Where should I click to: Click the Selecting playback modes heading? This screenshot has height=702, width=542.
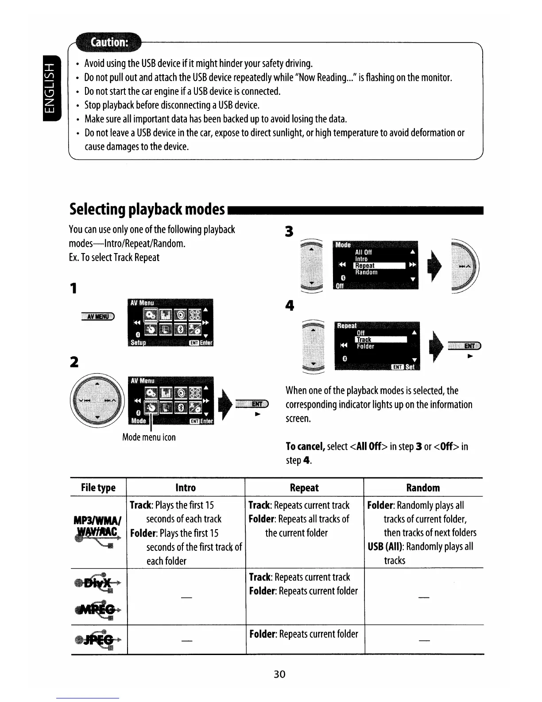click(x=147, y=209)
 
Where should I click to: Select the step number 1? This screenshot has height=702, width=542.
click(x=74, y=289)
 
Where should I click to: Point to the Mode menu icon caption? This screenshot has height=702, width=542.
click(x=149, y=437)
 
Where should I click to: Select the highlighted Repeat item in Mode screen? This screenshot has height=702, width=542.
click(x=379, y=265)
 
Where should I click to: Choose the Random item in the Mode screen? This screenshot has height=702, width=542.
click(x=366, y=272)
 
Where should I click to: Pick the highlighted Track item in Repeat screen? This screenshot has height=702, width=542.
click(x=380, y=339)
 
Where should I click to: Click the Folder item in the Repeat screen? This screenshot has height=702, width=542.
click(x=365, y=346)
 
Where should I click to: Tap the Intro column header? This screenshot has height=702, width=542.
click(x=186, y=487)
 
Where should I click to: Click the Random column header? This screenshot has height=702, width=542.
click(x=423, y=487)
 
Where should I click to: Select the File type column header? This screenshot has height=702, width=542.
click(x=98, y=487)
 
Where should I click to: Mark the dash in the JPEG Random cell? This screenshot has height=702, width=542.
click(x=424, y=640)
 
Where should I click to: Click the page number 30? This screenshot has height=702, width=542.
click(x=279, y=674)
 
